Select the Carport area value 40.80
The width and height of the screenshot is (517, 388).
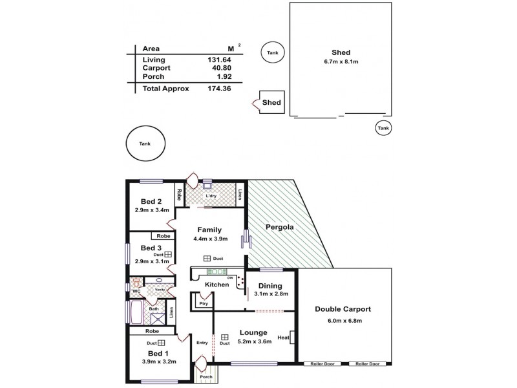pos(217,68)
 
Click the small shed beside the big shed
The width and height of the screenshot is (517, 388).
pos(271,102)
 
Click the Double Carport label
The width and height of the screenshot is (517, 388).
pos(343,309)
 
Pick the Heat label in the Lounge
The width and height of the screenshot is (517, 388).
pos(283,338)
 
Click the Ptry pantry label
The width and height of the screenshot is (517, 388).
pos(203,303)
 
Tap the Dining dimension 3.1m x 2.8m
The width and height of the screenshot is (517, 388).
pos(271,294)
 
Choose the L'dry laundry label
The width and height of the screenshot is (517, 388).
pos(210,196)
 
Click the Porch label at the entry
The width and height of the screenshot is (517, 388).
pos(206,377)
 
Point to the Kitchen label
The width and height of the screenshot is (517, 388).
pos(216,285)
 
